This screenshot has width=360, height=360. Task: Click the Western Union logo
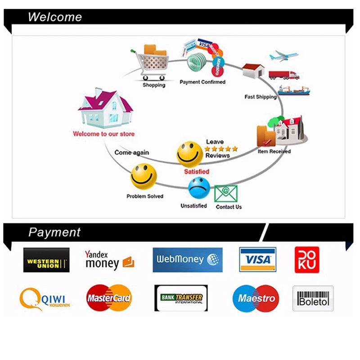pos(46,260)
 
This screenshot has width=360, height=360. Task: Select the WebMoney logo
pos(187,260)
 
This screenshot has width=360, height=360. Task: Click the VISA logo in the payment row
pos(257,260)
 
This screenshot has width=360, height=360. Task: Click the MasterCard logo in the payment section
pos(109,298)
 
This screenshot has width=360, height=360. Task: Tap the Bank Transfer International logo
pos(181,298)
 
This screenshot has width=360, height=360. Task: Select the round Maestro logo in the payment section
pos(256,298)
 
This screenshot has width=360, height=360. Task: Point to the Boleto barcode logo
pos(313,298)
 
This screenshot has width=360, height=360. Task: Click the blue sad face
pos(198,189)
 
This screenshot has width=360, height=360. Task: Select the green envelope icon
pos(225,194)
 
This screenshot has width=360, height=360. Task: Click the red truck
pos(283,75)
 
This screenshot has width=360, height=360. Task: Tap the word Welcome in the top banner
pos(55,17)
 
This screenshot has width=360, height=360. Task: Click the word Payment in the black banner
pos(54,232)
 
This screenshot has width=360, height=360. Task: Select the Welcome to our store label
pos(103,134)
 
